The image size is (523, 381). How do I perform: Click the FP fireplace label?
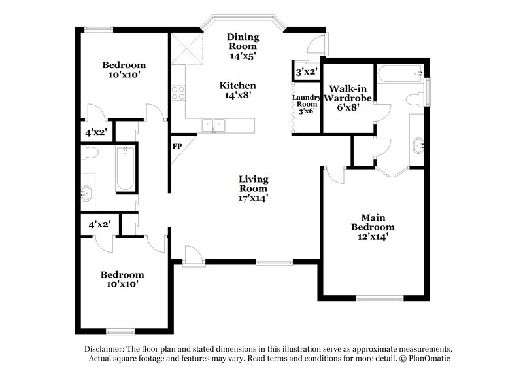[x=177, y=147]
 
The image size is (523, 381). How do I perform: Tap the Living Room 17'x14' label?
[x=254, y=188]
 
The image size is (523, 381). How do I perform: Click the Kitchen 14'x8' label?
[x=237, y=90]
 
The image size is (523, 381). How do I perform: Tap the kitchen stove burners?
[x=177, y=93]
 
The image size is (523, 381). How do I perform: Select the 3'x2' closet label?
[x=307, y=72]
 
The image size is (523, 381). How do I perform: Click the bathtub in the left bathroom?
[x=126, y=169]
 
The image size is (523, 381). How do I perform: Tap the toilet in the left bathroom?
[x=90, y=153]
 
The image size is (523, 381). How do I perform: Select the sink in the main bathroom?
[x=416, y=145]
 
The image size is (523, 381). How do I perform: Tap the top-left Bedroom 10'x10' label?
[x=124, y=70]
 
